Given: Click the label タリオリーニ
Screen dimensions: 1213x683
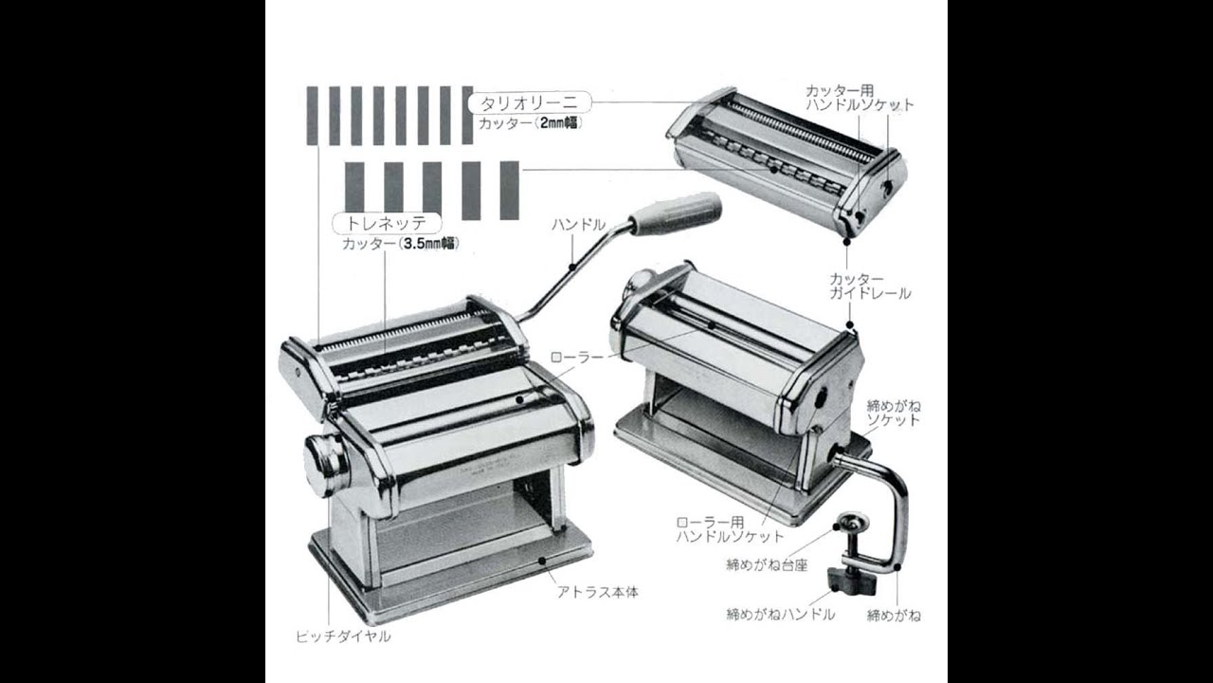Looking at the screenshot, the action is point(530,102).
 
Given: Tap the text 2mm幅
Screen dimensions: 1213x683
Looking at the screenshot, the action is point(564,123).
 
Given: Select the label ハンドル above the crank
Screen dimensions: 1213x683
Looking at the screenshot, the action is point(578,225).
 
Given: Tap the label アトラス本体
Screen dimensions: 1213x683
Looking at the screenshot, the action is point(597,591).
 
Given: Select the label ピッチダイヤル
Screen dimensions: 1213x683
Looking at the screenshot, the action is point(342,636).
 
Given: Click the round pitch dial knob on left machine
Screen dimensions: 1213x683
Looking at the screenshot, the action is point(325,465).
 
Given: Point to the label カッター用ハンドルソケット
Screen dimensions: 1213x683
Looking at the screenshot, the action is point(859,98).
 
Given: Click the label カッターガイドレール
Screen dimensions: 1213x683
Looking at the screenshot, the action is point(870,286).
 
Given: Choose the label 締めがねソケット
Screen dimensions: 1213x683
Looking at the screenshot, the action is point(893,413).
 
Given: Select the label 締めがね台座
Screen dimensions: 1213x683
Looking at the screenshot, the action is point(767,564).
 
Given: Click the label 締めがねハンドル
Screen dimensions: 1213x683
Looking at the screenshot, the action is point(780,614).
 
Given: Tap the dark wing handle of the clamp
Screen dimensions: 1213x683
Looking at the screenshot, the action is point(847,579).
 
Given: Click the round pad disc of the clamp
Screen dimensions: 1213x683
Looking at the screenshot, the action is point(854,523).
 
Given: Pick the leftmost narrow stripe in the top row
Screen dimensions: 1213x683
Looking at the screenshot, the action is point(312,115).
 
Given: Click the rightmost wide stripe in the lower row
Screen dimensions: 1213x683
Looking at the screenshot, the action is point(509,190).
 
